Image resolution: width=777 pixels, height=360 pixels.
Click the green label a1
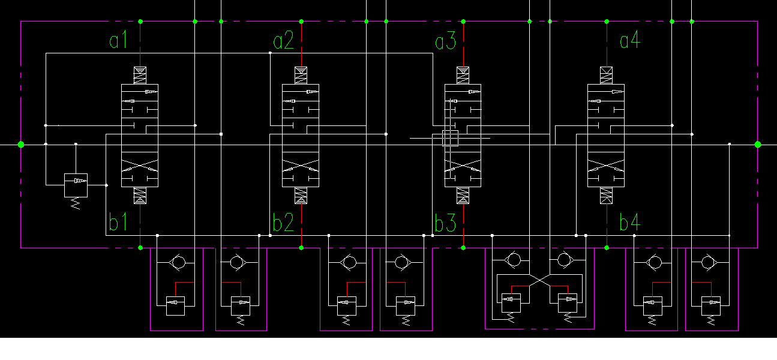118,41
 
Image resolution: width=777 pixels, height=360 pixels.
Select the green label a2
283,41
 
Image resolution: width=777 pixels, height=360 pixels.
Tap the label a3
445,41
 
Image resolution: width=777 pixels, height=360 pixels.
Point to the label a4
629,41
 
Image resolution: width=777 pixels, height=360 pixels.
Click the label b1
118,223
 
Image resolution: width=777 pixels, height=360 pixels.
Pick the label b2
283,223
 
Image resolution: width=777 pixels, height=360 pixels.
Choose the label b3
445,223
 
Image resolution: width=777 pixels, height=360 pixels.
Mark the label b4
629,223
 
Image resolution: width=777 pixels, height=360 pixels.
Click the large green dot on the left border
21,144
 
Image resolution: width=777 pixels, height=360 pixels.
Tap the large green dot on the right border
758,144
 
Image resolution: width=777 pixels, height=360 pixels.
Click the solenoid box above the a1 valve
140,75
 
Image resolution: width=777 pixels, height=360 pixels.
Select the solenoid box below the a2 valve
301,196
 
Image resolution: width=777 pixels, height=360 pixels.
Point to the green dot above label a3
463,22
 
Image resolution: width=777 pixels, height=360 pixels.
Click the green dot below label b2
301,247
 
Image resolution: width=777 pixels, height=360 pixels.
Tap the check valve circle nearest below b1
178,262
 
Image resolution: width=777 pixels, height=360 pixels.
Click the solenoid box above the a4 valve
607,75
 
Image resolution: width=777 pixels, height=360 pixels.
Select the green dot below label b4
607,247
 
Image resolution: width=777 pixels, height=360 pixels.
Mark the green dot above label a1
140,22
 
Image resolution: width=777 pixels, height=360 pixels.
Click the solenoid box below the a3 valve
463,196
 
